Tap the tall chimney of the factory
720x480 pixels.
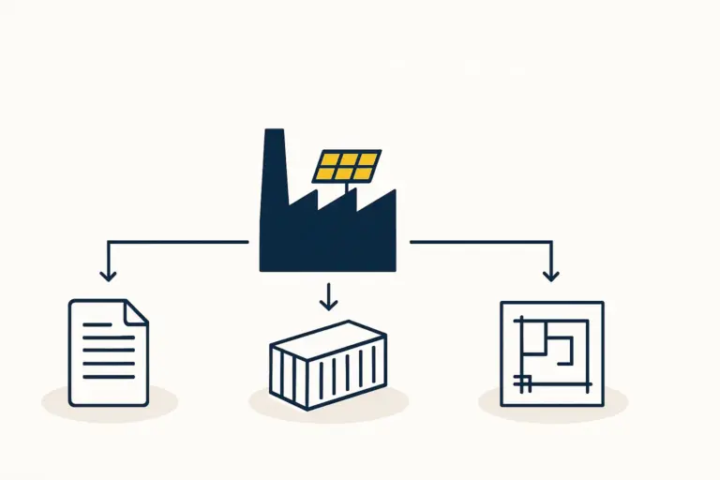pyautogui.click(x=274, y=169)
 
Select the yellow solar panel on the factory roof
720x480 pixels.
pyautogui.click(x=347, y=166)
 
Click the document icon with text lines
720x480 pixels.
pyautogui.click(x=108, y=352)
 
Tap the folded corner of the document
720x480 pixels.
pyautogui.click(x=136, y=311)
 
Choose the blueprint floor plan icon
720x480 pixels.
pyautogui.click(x=551, y=353)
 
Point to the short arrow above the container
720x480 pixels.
pyautogui.click(x=327, y=296)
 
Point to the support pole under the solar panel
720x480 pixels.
pyautogui.click(x=354, y=191)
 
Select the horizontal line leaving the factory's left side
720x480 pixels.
pyautogui.click(x=178, y=242)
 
